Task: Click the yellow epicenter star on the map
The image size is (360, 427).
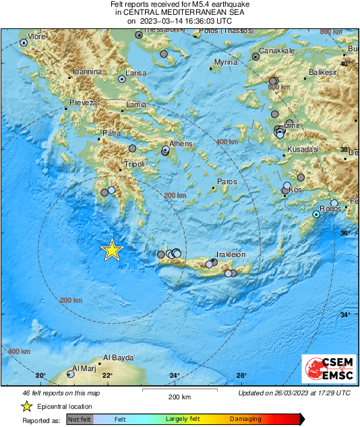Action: [x=112, y=250]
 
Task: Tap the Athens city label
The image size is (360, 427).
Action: [x=181, y=144]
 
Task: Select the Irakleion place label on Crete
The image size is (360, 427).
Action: [x=231, y=254]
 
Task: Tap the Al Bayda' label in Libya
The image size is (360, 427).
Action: [x=119, y=358]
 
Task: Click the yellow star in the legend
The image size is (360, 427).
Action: [x=26, y=407]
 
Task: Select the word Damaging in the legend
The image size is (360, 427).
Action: [x=245, y=419]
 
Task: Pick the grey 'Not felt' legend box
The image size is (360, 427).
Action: [x=80, y=419]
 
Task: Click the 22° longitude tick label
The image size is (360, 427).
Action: [x=107, y=376]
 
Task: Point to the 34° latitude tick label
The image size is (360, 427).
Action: [x=345, y=315]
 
